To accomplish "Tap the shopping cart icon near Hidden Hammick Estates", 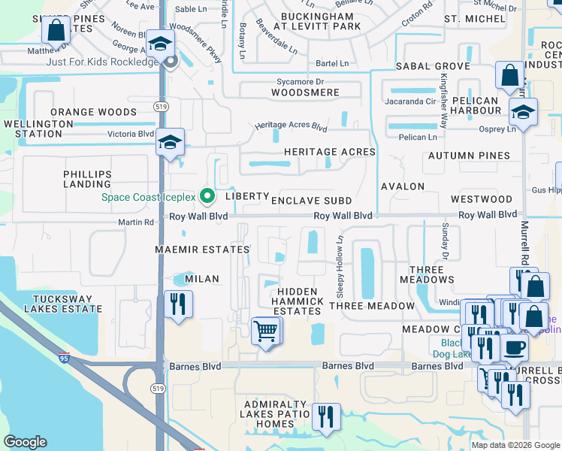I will coord(266,330).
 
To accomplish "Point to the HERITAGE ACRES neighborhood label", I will coord(329,152).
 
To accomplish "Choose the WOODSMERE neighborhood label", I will coord(305,92).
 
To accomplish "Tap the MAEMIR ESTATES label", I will coord(202,249).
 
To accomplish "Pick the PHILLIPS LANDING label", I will coord(87,179).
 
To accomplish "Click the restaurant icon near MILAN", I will coord(178,304).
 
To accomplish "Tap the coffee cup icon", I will coord(514,347).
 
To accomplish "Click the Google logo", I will coord(26,442).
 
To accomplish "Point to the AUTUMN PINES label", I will coord(479,156).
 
